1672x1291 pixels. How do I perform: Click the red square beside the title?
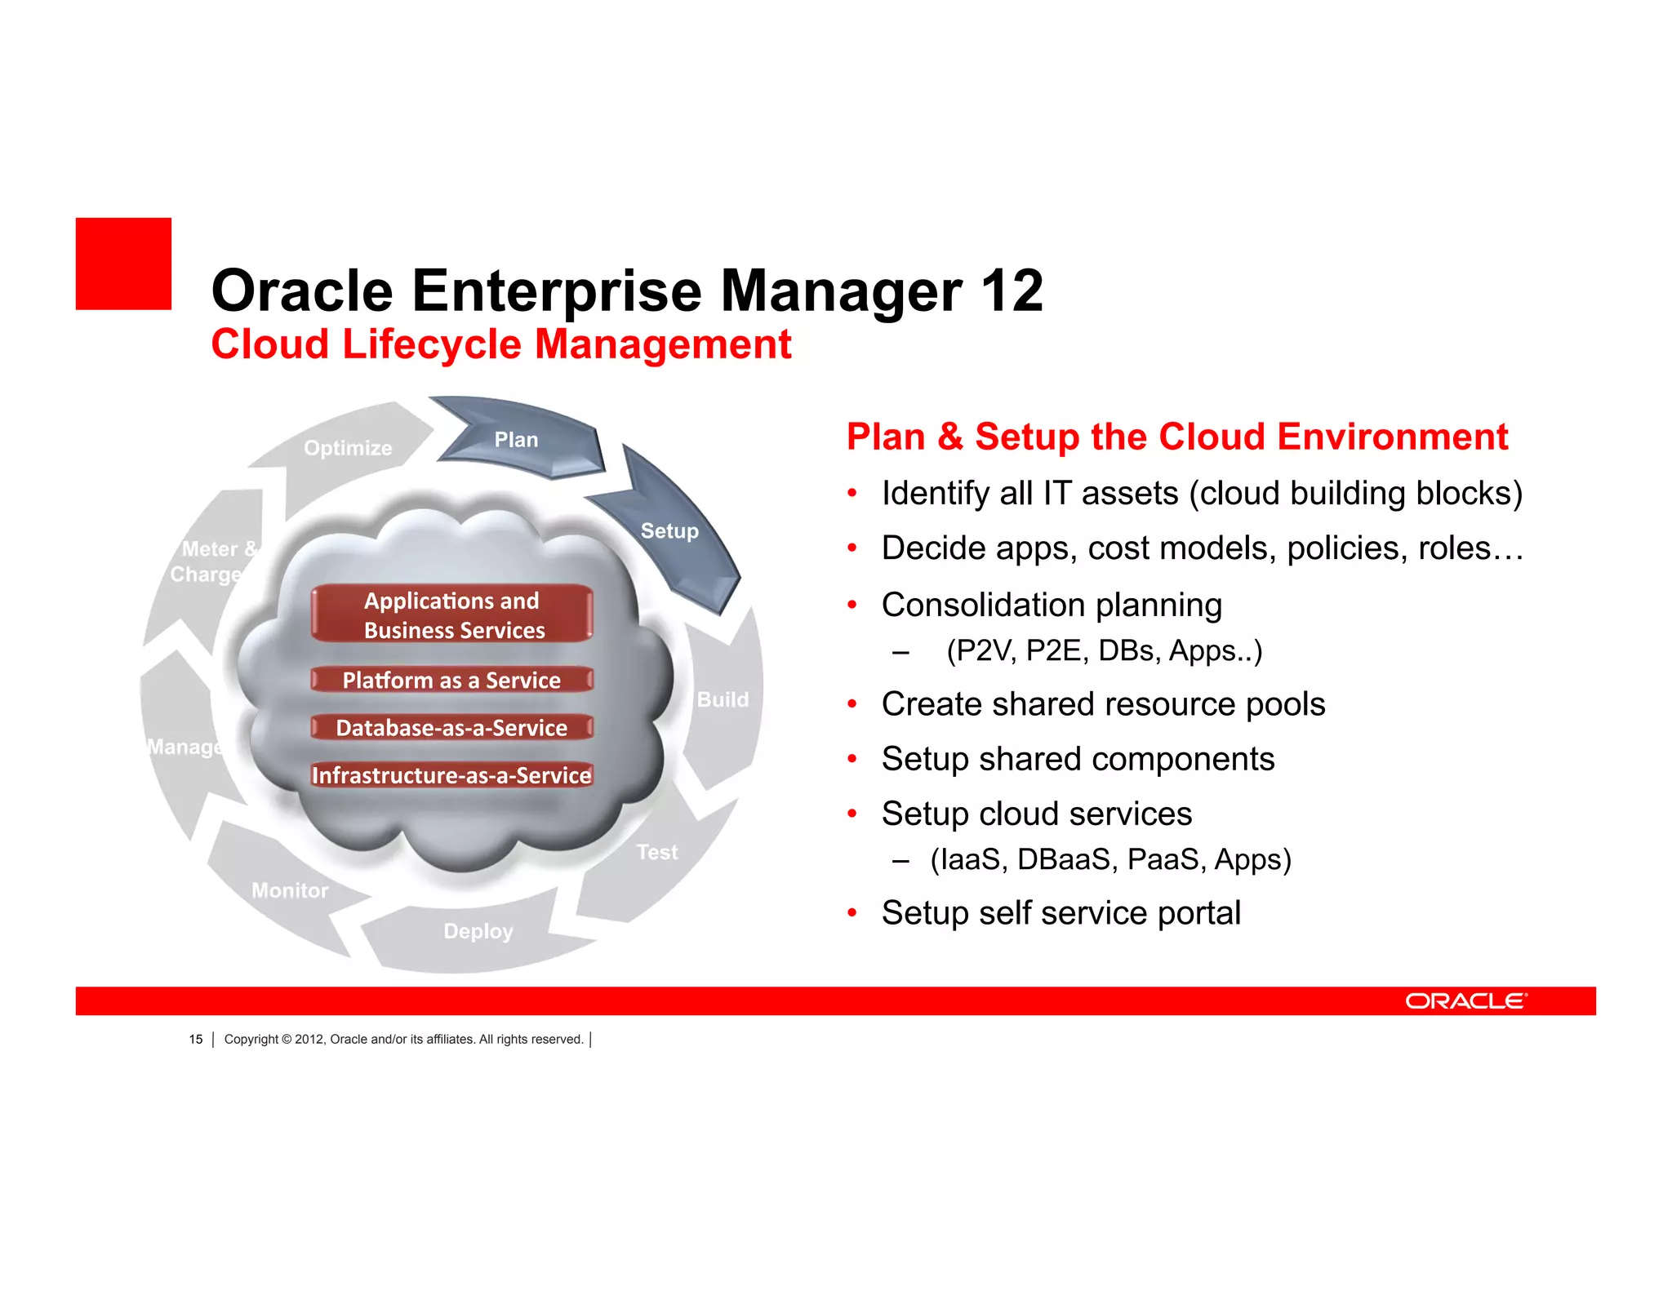coord(123,264)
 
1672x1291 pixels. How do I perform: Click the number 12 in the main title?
coord(1012,291)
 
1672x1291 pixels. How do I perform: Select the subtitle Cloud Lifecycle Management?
coord(500,344)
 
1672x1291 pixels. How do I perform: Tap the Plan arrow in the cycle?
coord(517,440)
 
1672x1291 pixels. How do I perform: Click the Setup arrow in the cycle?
coord(669,531)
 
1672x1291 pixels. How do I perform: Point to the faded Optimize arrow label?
coord(348,448)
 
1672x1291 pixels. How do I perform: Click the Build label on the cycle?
coord(723,699)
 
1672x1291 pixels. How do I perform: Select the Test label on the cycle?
coord(657,852)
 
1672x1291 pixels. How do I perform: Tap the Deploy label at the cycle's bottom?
coord(478,931)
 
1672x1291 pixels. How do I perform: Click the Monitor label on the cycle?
coord(290,890)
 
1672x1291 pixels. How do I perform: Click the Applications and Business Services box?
coord(452,614)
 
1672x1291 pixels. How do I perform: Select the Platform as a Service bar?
coord(451,680)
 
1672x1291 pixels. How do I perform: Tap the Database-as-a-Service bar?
coord(451,727)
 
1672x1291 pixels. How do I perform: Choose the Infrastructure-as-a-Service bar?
coord(451,774)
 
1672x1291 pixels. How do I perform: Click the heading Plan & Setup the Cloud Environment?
coord(1176,437)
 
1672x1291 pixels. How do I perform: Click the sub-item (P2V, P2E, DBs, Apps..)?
coord(1104,650)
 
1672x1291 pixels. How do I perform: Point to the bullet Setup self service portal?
coord(1061,912)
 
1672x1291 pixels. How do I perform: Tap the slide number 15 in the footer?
coord(196,1039)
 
